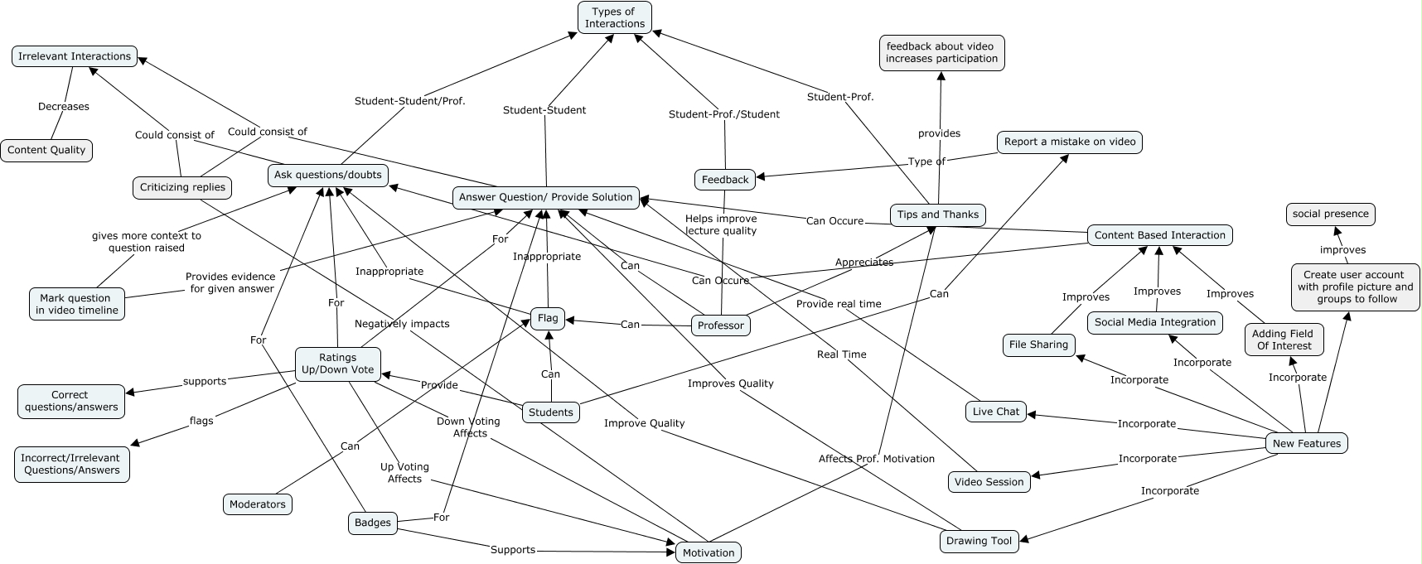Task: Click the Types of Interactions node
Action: pyautogui.click(x=614, y=17)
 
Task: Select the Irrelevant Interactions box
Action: pyautogui.click(x=75, y=56)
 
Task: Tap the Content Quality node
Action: pyautogui.click(x=46, y=150)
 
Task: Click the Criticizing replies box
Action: pyautogui.click(x=182, y=187)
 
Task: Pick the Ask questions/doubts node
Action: pyautogui.click(x=328, y=175)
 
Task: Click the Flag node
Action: pyautogui.click(x=548, y=318)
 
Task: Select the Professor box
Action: pyautogui.click(x=720, y=325)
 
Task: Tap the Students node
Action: pyautogui.click(x=550, y=412)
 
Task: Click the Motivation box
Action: pyautogui.click(x=708, y=552)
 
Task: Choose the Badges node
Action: pyautogui.click(x=372, y=523)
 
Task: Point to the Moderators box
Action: pyautogui.click(x=257, y=504)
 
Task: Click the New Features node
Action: pyautogui.click(x=1306, y=443)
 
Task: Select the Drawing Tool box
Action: pyautogui.click(x=979, y=541)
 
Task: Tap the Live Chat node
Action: pyautogui.click(x=995, y=412)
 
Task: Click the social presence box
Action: pyautogui.click(x=1330, y=214)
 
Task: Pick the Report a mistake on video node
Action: pyautogui.click(x=1069, y=142)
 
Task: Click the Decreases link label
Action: pyautogui.click(x=64, y=107)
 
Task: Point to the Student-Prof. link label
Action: pyautogui.click(x=840, y=97)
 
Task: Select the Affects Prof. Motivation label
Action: pyautogui.click(x=876, y=459)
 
